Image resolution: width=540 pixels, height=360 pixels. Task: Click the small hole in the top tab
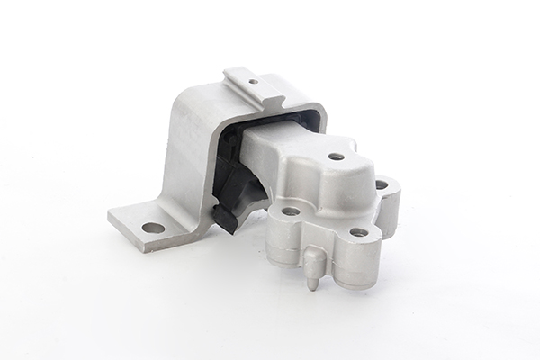253,82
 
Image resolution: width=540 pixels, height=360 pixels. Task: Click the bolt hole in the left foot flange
153,227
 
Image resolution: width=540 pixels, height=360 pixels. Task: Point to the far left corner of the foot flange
111,216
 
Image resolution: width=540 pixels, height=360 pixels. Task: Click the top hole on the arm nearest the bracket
336,156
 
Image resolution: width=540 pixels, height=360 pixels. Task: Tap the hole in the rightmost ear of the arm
381,184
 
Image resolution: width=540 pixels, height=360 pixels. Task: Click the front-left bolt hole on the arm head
290,211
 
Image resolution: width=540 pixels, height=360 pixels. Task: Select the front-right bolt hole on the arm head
357,231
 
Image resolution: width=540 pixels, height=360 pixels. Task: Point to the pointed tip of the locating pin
311,287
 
